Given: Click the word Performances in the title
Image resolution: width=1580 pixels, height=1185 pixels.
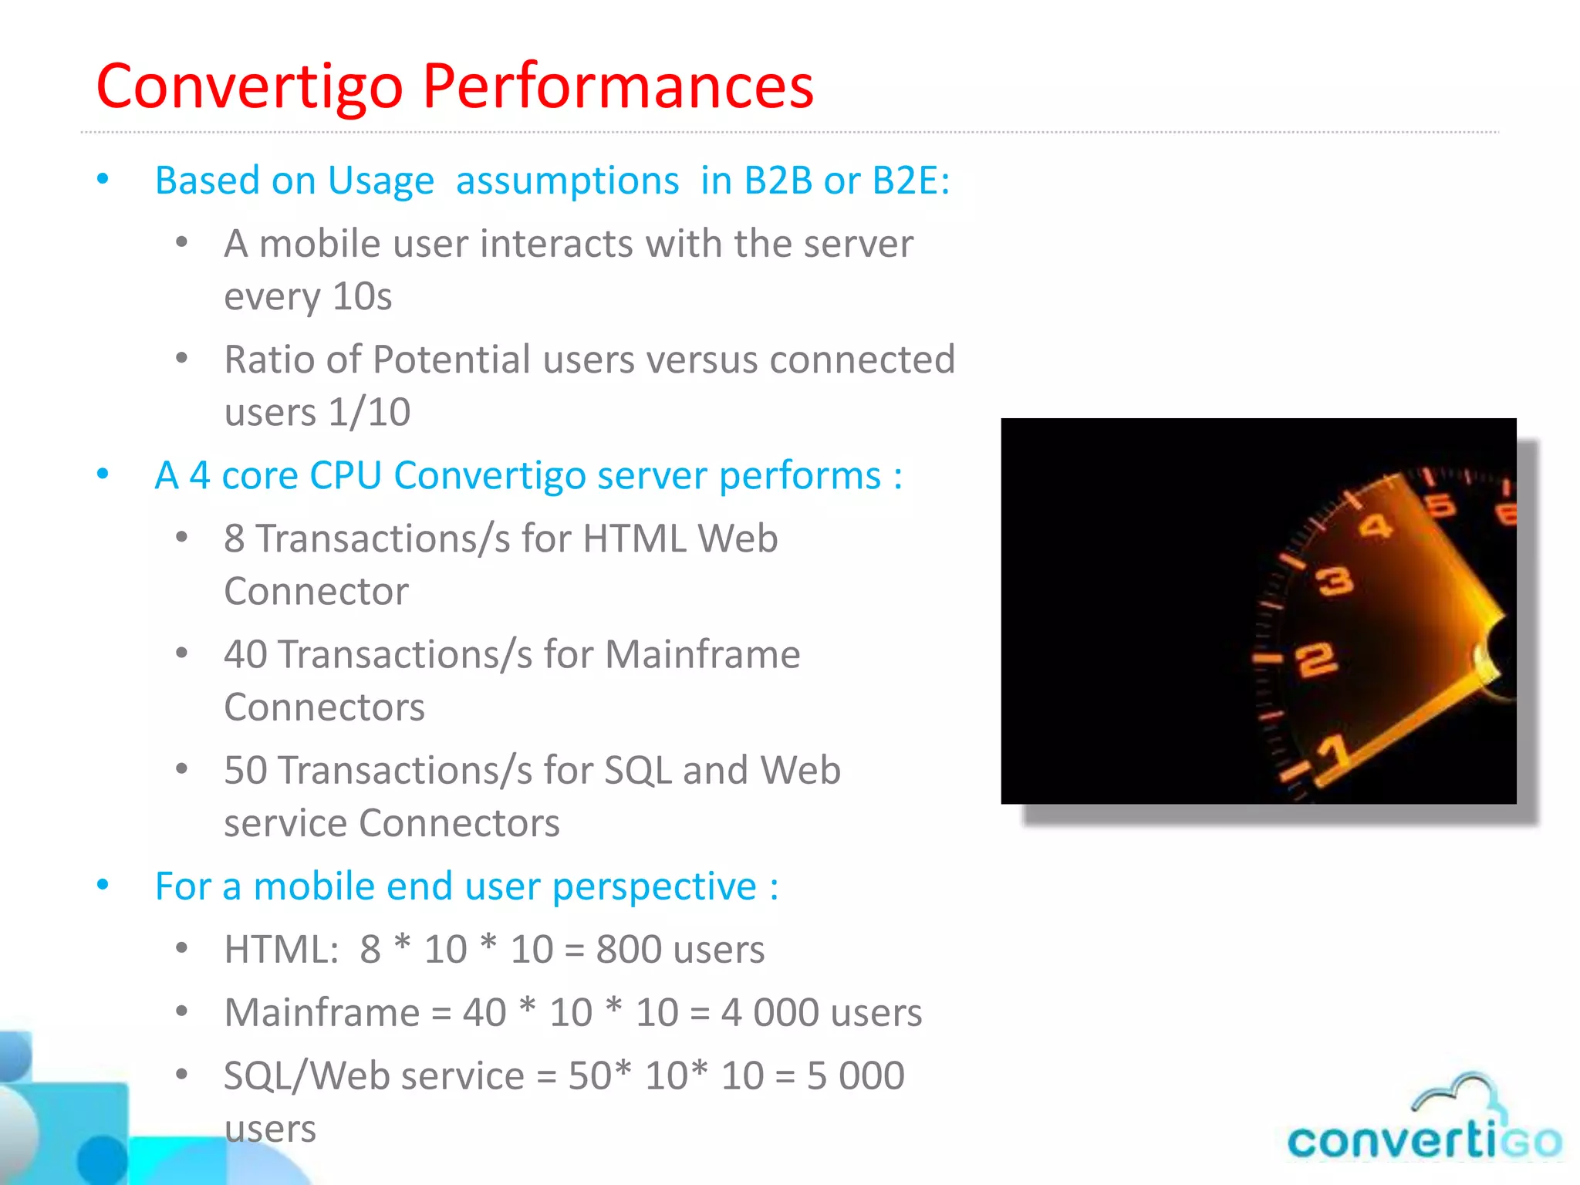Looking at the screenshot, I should pos(617,86).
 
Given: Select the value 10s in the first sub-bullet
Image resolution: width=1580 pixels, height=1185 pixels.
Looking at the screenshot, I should pos(362,296).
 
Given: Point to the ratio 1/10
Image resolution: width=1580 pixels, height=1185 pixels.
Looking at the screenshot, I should pos(369,412).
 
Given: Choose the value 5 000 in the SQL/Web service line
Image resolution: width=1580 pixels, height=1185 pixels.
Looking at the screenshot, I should pos(856,1076).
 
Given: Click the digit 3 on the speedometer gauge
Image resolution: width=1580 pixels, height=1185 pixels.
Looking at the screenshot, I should pos(1335,581).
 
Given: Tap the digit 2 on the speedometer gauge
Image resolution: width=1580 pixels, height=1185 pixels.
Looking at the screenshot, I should pos(1316,660).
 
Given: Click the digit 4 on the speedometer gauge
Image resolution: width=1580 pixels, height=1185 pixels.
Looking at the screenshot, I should pos(1376,527).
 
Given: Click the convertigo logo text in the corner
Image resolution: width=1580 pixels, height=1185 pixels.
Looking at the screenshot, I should pos(1424,1141).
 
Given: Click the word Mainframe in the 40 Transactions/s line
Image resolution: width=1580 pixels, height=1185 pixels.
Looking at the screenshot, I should pos(702,654).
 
